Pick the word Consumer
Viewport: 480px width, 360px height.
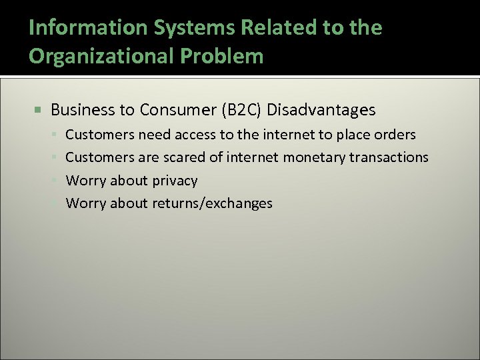173,109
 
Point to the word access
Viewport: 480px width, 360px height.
195,135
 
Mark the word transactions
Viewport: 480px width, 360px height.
389,157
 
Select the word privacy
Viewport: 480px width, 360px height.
174,181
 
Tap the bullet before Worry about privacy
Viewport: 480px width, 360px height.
56,181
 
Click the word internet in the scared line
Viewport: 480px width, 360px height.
253,157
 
